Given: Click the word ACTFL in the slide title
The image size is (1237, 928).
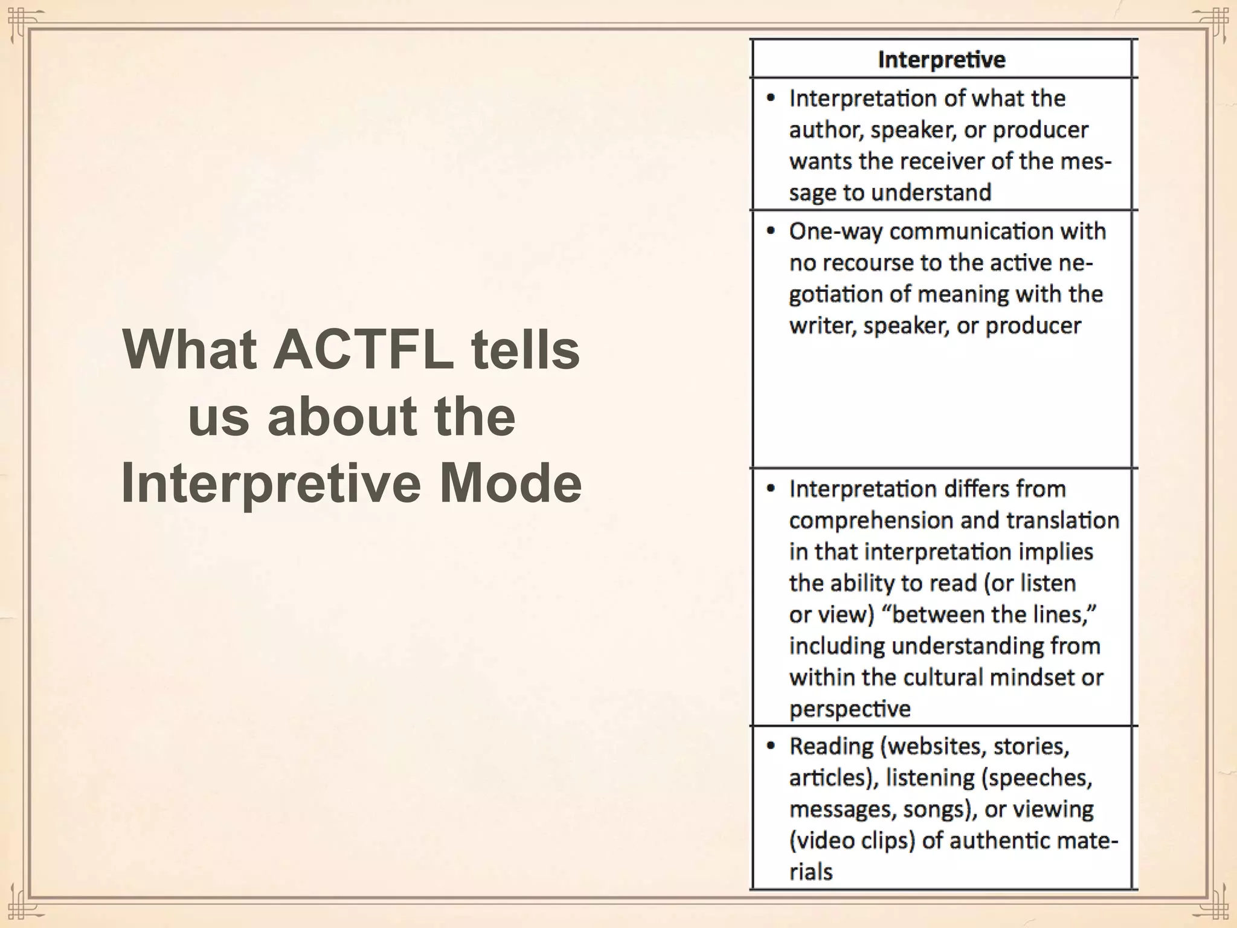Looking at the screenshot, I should click(x=363, y=350).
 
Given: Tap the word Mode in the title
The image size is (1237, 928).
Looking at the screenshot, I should click(x=510, y=483).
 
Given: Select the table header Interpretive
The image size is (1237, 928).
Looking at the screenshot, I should click(x=941, y=60).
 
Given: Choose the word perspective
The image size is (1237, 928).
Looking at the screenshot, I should click(x=849, y=709).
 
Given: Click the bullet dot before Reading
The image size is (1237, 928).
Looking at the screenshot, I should click(x=770, y=746).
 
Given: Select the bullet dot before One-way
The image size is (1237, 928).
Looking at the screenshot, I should click(x=770, y=231).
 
